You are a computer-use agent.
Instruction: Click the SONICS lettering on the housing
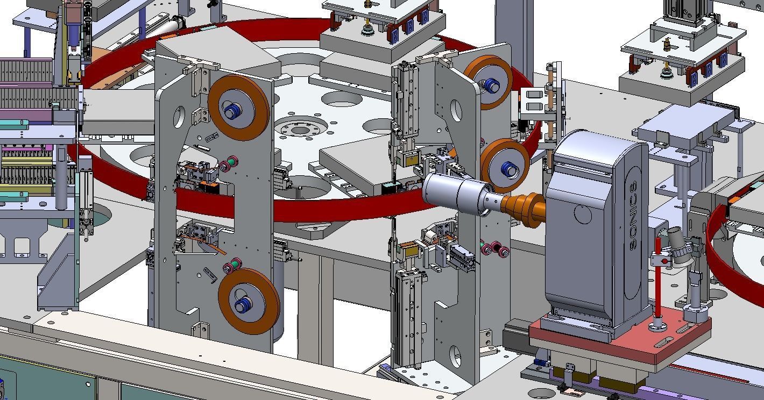633,215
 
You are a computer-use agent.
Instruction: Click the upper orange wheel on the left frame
238,107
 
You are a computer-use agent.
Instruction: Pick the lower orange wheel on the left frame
249,301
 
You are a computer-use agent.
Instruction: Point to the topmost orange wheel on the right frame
488,82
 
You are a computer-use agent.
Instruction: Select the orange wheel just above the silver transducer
505,166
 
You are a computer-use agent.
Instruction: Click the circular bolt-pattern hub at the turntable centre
300,130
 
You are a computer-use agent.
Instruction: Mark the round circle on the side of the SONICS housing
583,213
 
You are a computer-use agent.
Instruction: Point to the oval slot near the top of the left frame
179,116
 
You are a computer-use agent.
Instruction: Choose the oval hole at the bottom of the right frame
456,356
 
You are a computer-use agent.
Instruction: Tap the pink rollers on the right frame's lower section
495,250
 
